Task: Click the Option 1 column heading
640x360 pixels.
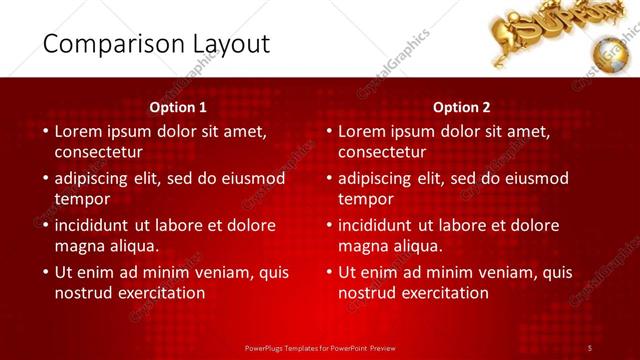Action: (x=178, y=107)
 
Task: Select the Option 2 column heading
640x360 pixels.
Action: (x=462, y=107)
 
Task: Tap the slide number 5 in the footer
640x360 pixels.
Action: (x=590, y=347)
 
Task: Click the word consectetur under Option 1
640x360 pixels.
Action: (x=98, y=153)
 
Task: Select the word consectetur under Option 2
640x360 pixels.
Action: (x=382, y=153)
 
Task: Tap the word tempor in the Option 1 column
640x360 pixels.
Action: (x=82, y=199)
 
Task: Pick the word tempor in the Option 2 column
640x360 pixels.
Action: (x=366, y=199)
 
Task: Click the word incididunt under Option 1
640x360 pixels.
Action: (x=98, y=225)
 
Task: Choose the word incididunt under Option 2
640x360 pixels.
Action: (x=382, y=225)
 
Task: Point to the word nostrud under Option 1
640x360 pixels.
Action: (x=84, y=293)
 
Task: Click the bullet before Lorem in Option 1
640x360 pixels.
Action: (x=45, y=132)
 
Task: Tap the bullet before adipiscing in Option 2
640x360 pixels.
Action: (x=329, y=179)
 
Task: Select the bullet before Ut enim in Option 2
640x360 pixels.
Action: (x=329, y=272)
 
